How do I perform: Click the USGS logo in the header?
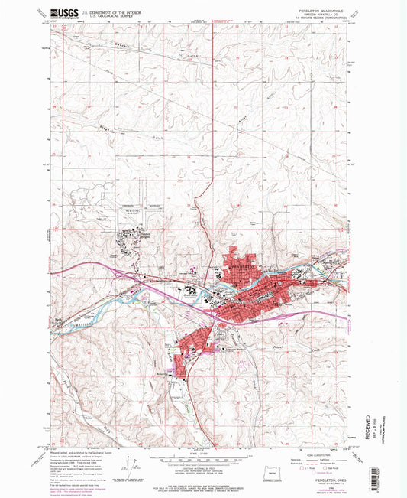pyautogui.click(x=63, y=14)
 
